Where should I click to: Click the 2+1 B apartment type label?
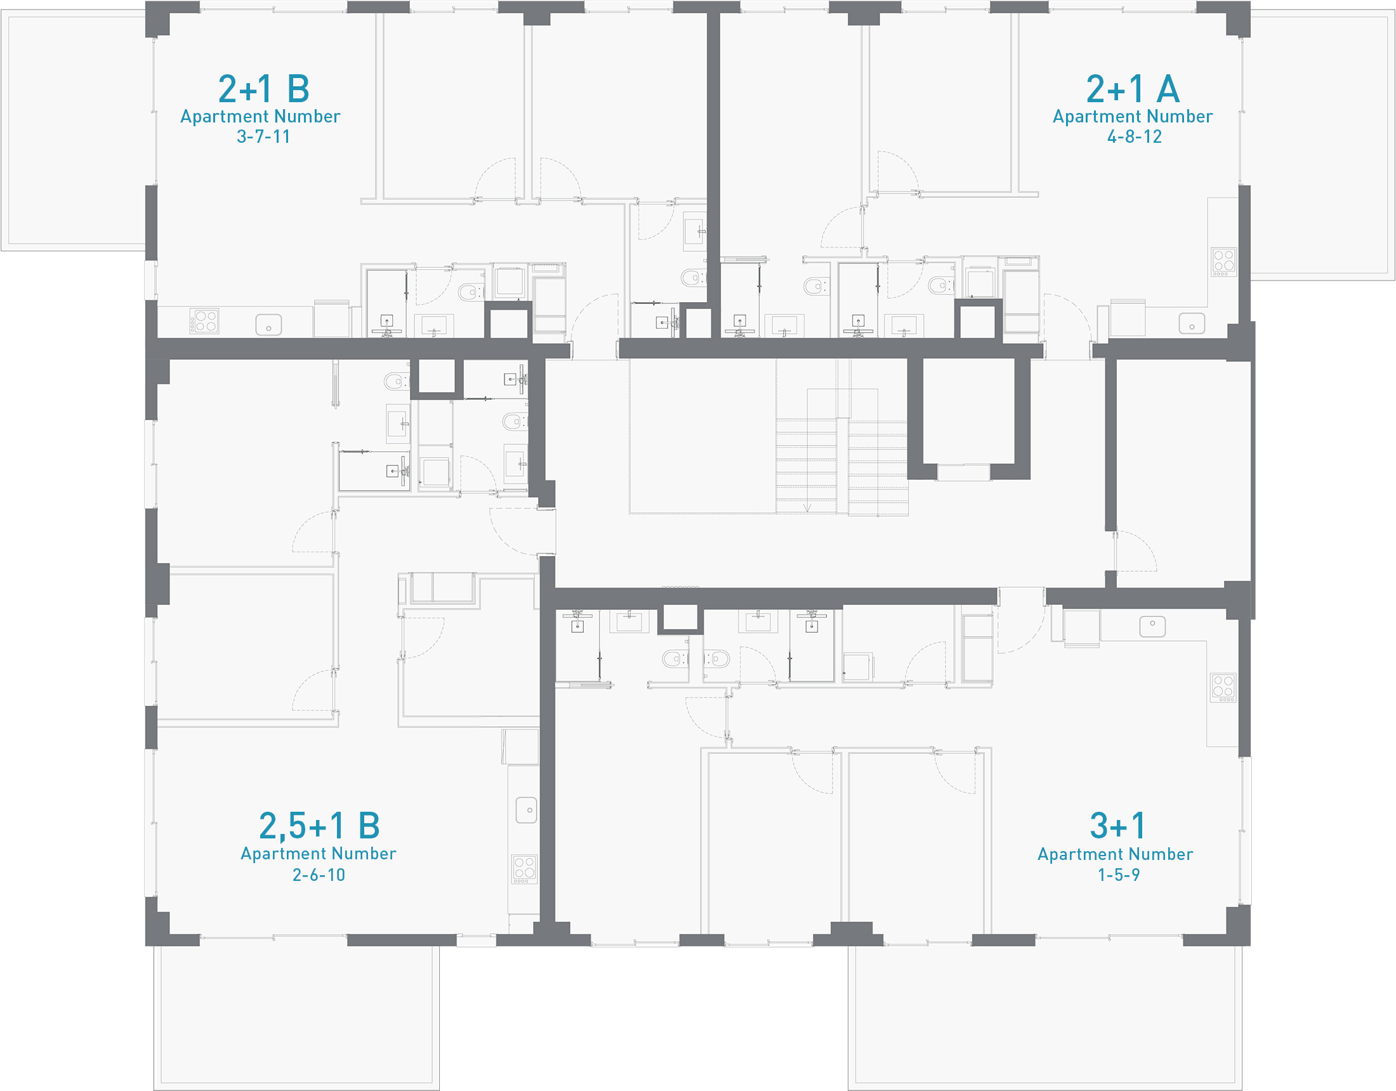(x=264, y=89)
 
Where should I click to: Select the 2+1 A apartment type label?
(x=1133, y=89)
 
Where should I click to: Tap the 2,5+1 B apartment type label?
(x=319, y=826)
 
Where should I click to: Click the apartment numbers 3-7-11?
(x=263, y=137)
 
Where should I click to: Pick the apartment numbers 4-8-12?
(x=1134, y=137)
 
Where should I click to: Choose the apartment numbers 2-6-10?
(x=319, y=875)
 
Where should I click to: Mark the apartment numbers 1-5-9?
(x=1118, y=875)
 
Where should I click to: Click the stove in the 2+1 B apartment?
(x=204, y=321)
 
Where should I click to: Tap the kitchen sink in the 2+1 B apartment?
(x=268, y=325)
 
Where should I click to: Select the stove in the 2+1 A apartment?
(x=1223, y=261)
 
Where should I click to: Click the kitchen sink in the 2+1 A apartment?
(x=1192, y=324)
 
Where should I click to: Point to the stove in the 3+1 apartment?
(x=1223, y=687)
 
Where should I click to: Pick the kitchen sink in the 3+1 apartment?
(x=1152, y=626)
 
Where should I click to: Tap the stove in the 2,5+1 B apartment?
(x=524, y=869)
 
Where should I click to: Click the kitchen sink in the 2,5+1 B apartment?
(x=527, y=810)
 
